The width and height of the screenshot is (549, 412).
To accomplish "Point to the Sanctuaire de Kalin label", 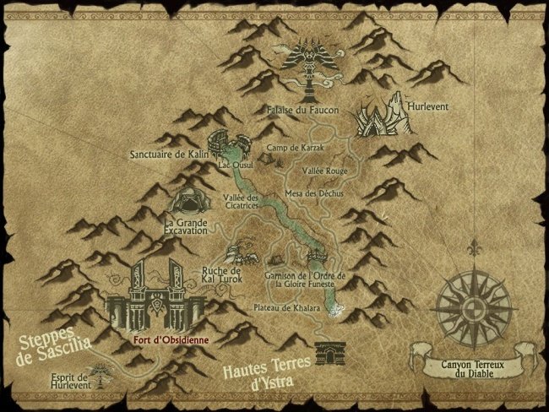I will click(x=168, y=154).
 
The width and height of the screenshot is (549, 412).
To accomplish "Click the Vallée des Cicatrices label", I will click(x=241, y=203).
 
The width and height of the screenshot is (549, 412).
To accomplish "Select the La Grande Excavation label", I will click(x=185, y=229).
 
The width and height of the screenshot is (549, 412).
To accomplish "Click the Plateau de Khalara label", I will click(x=287, y=308).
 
